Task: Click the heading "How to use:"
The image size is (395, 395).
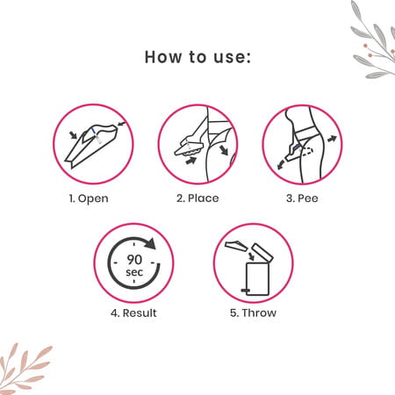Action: click(197, 57)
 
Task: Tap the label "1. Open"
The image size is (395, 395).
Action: click(89, 198)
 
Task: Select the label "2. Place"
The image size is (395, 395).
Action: click(197, 198)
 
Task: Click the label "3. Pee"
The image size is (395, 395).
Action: click(302, 198)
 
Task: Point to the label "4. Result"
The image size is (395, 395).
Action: click(133, 312)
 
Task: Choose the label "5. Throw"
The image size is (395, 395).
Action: click(253, 312)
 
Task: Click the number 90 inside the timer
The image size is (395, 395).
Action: click(134, 259)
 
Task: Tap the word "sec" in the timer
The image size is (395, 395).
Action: click(134, 272)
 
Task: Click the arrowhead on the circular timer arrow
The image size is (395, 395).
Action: click(151, 243)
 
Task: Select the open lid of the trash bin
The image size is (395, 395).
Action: click(262, 252)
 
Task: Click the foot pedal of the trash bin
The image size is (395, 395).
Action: click(244, 291)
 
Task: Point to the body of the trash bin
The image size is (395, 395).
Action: click(257, 279)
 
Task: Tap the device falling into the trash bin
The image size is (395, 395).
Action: click(236, 246)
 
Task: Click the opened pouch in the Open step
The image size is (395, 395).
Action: click(91, 146)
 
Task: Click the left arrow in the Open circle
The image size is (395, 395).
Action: click(73, 134)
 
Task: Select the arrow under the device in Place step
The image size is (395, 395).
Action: click(191, 160)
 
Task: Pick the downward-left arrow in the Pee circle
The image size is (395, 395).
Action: click(281, 164)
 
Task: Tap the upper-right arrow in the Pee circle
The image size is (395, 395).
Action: click(333, 139)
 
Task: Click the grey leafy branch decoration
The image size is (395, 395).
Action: click(373, 41)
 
